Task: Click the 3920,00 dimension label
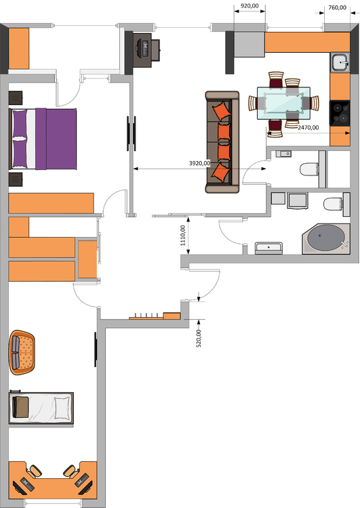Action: pyautogui.click(x=199, y=163)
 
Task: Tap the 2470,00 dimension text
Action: pyautogui.click(x=308, y=127)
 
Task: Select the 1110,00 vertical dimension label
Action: pyautogui.click(x=183, y=236)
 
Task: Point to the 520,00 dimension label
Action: pyautogui.click(x=199, y=338)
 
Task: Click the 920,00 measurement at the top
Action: pyautogui.click(x=249, y=6)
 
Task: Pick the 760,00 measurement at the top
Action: pyautogui.click(x=338, y=7)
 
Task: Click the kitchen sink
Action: pyautogui.click(x=340, y=62)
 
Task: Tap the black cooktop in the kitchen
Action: pyautogui.click(x=340, y=113)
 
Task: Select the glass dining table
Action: pyautogui.click(x=284, y=103)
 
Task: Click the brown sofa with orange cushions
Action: pyautogui.click(x=222, y=142)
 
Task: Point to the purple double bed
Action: pyautogui.click(x=43, y=139)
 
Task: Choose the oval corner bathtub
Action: pyautogui.click(x=326, y=239)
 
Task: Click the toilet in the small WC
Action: pyautogui.click(x=309, y=169)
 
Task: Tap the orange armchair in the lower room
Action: pyautogui.click(x=22, y=352)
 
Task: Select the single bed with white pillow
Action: pyautogui.click(x=41, y=408)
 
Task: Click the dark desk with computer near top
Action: pyautogui.click(x=146, y=50)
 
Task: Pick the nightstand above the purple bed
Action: pyautogui.click(x=16, y=98)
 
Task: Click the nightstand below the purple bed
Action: pyautogui.click(x=16, y=179)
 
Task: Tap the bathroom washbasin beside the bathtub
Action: pyautogui.click(x=268, y=248)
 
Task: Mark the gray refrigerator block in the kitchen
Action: pyautogui.click(x=249, y=45)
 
